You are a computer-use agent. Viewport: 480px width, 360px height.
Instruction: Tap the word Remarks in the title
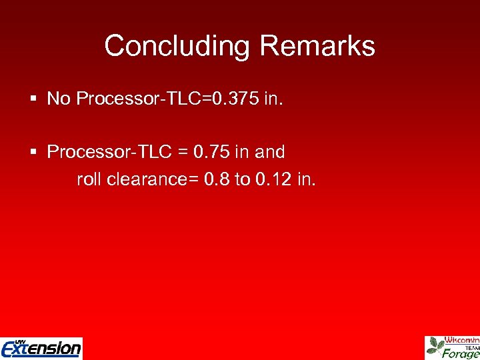[x=317, y=46]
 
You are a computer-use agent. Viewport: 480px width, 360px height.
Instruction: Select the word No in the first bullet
[x=59, y=99]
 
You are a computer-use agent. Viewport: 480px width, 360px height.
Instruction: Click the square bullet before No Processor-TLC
[x=34, y=99]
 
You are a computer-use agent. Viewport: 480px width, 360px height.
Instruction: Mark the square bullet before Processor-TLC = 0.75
[x=34, y=152]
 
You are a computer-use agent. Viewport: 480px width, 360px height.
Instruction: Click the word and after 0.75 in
[x=270, y=152]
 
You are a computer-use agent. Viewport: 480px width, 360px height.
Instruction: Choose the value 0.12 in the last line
[x=273, y=179]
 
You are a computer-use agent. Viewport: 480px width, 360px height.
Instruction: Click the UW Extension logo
[x=41, y=348]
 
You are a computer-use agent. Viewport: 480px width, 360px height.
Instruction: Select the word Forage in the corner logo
[x=461, y=354]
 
